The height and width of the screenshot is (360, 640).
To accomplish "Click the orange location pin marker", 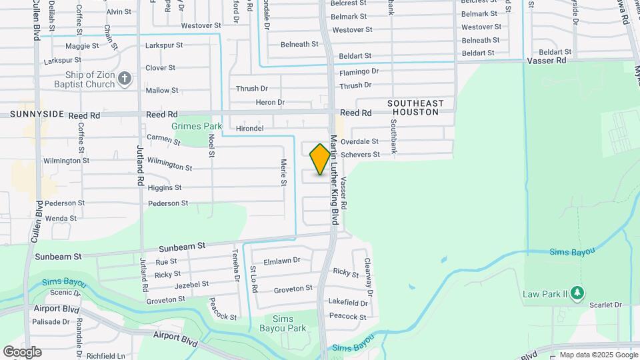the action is (320, 159).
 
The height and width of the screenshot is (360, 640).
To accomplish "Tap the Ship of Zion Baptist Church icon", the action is (124, 80).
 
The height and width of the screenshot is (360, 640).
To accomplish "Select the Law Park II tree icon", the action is (577, 293).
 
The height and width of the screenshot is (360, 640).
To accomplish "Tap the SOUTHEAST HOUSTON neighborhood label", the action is (417, 108).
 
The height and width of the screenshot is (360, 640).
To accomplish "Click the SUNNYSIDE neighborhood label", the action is (37, 115).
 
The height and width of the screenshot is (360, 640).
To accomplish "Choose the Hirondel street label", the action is (250, 128).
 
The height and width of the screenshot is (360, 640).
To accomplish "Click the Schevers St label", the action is (360, 155).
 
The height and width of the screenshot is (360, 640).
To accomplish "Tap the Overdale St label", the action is (359, 141).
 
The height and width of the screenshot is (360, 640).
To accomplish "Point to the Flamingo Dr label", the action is (359, 71).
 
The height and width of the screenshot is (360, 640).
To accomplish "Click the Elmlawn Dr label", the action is (283, 261).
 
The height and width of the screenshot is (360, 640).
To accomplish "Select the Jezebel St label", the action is (191, 284).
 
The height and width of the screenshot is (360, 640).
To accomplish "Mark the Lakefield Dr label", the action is (348, 302).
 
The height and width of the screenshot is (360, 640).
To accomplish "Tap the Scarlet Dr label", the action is (605, 305).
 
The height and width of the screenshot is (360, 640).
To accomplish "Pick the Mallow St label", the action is (162, 90).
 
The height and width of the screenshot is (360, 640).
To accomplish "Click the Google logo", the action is (22, 352).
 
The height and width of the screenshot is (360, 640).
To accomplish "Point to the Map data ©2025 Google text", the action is (598, 355).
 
